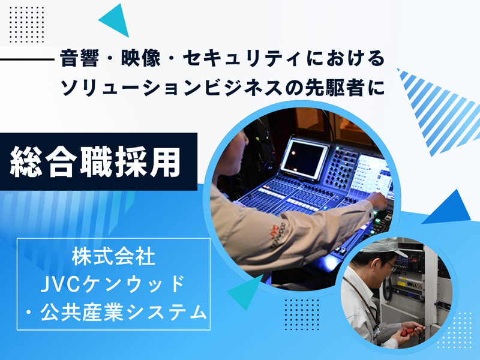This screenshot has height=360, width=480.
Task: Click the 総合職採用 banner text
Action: pyautogui.click(x=96, y=161)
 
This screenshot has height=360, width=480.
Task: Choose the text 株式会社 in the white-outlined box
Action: pyautogui.click(x=114, y=258)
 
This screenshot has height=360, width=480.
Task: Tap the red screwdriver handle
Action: pyautogui.click(x=408, y=328)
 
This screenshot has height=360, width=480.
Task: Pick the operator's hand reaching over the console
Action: pyautogui.click(x=377, y=199)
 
